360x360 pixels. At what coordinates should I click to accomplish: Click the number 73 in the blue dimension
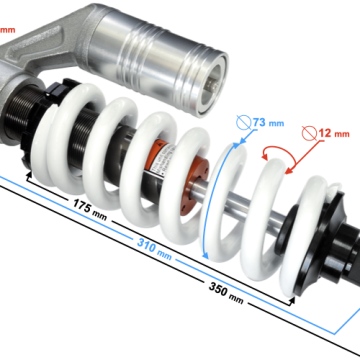(x=259, y=122)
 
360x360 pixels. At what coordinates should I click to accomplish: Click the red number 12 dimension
(x=325, y=133)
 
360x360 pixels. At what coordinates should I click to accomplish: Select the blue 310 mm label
(x=154, y=249)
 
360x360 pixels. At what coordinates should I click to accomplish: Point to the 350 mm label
(x=226, y=292)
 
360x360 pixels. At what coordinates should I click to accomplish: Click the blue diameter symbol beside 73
(x=243, y=123)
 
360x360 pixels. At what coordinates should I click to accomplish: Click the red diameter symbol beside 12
(x=309, y=133)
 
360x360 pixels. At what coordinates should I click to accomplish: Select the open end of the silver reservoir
(x=214, y=86)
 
